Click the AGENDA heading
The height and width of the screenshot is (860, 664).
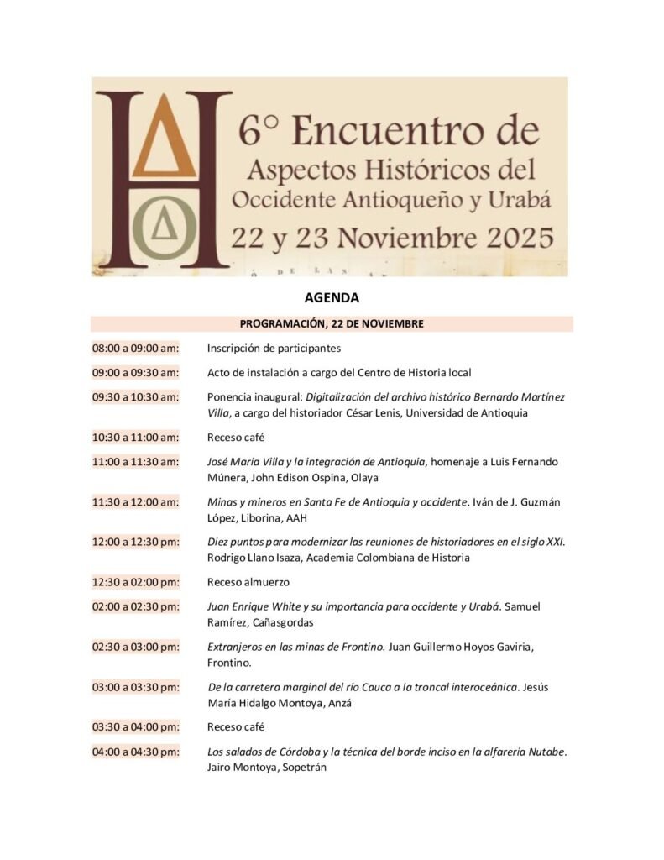(332, 298)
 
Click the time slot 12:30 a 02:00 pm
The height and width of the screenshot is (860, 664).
(135, 581)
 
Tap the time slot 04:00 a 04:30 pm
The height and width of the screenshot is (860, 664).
(135, 752)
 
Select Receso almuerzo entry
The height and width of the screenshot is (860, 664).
(248, 581)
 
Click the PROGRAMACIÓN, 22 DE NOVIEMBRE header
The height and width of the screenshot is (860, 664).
(332, 323)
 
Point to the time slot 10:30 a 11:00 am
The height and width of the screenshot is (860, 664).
(135, 437)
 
